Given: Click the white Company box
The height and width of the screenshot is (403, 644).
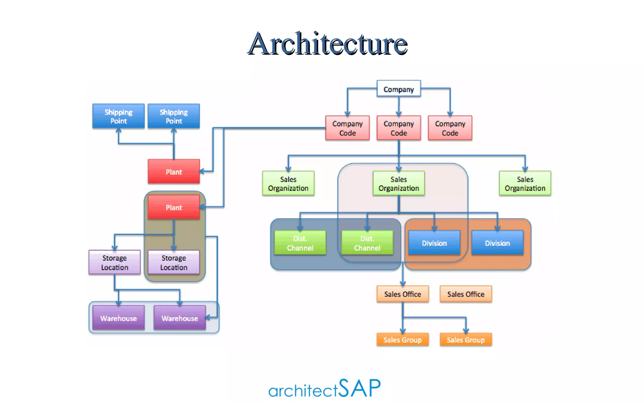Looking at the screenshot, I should (398, 89).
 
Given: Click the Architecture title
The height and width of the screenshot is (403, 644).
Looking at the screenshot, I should (327, 44).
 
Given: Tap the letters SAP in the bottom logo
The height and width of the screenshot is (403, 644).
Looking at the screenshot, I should (360, 388).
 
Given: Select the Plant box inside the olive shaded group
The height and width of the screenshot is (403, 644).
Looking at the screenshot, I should (174, 207).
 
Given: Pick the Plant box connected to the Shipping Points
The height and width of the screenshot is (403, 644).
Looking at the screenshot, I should (174, 172).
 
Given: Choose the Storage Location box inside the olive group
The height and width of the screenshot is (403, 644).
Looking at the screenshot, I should (174, 262).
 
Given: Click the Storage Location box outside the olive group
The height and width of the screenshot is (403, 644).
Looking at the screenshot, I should (114, 262).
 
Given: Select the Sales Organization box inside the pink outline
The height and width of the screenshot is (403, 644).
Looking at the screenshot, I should (398, 184).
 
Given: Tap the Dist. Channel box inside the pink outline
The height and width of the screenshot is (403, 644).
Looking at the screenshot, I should (367, 243).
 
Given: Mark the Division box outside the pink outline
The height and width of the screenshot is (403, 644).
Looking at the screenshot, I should (497, 243).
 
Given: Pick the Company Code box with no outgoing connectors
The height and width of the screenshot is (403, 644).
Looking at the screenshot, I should (450, 128).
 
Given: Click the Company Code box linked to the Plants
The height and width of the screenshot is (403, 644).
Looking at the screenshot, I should (347, 128).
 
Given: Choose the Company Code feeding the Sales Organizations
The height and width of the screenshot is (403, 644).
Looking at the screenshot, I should (398, 128).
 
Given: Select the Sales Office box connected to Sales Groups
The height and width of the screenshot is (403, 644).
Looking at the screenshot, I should (402, 294).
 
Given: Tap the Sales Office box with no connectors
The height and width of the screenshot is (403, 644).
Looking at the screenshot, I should (466, 294).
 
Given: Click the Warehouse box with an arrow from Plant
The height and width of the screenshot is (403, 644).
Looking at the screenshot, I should (180, 318).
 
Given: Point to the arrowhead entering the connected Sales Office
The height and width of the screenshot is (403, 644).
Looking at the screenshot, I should (403, 283).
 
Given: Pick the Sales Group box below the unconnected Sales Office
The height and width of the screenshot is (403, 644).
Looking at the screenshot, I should (466, 340).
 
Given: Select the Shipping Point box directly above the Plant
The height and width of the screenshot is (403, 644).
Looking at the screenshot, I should (174, 116).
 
